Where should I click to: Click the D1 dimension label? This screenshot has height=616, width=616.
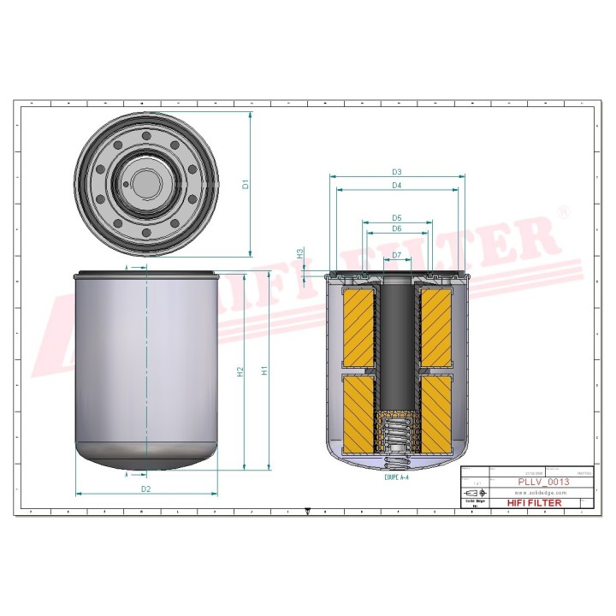(244, 184)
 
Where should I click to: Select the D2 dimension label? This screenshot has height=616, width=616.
(146, 489)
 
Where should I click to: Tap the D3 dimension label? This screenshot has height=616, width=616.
(397, 172)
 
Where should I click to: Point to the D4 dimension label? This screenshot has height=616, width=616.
(397, 186)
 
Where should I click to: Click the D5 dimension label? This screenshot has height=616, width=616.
(397, 217)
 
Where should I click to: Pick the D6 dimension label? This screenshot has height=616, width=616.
(397, 228)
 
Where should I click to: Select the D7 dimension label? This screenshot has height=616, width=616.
(397, 256)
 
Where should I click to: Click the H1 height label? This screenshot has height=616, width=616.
(265, 371)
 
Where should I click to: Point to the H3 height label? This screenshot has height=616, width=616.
(300, 254)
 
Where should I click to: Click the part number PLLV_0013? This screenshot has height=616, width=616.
(543, 482)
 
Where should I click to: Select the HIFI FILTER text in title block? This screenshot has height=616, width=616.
(535, 503)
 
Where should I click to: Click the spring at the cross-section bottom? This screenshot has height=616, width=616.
(396, 432)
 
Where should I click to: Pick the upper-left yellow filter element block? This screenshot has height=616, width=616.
(359, 325)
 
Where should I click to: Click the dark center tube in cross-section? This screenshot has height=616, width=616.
(397, 342)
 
